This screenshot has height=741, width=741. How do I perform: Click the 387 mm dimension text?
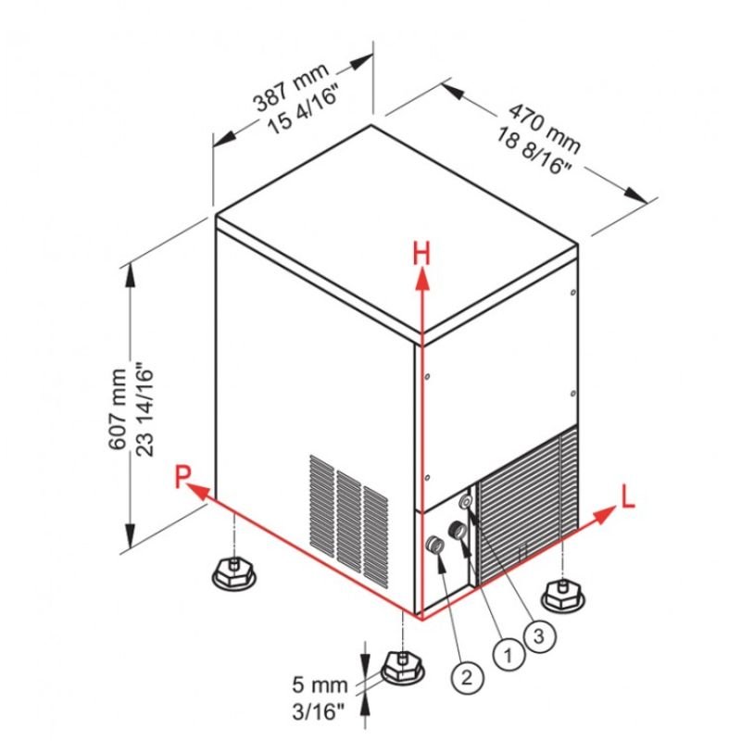(x=288, y=92)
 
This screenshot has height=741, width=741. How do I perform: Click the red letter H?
(x=421, y=251)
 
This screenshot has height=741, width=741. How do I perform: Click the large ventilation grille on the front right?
(x=523, y=508)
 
